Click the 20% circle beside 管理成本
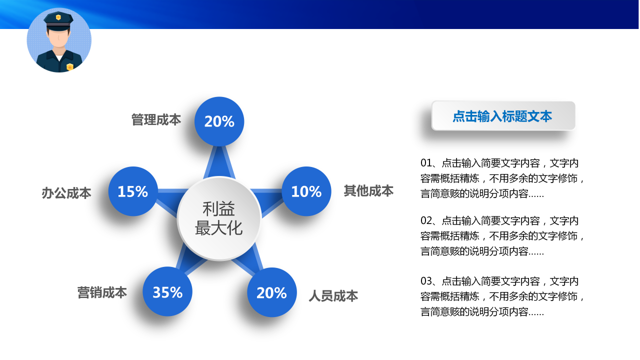tap(219, 121)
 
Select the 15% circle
tap(133, 191)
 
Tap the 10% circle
tap(306, 191)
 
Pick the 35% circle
tap(167, 292)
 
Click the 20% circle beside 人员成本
tap(271, 292)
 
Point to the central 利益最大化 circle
tap(219, 218)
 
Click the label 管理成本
tap(156, 120)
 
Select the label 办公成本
tap(66, 193)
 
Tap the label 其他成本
tap(368, 190)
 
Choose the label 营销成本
tap(102, 292)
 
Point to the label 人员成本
tap(333, 296)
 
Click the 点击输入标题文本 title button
tap(503, 116)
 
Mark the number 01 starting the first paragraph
tap(425, 163)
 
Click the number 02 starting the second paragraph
tap(425, 220)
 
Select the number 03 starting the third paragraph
tap(425, 281)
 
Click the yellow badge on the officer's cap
tap(58, 17)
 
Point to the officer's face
tap(59, 38)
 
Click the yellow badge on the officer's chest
tap(70, 66)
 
